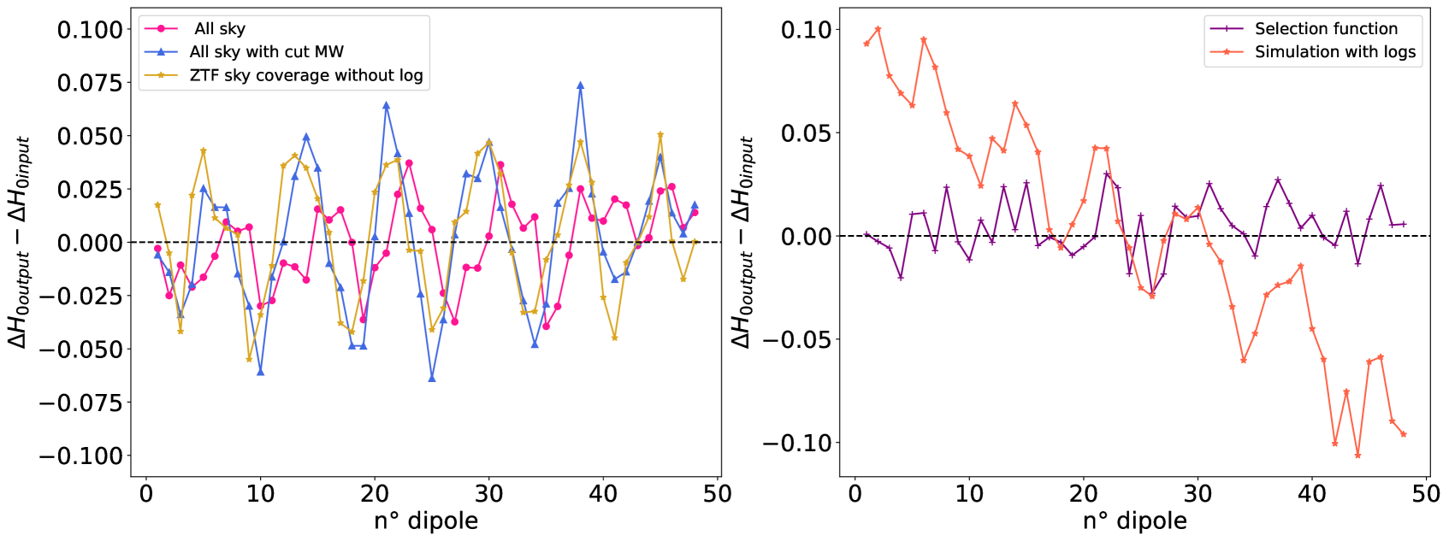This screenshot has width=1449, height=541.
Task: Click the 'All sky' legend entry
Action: pos(220,29)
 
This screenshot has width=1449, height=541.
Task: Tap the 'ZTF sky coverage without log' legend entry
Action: pos(305,75)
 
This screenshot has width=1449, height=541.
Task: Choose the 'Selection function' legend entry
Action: pos(1325,29)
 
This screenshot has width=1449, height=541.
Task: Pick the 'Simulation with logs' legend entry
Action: pos(1334,52)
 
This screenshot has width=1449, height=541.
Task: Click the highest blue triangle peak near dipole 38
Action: pos(580,85)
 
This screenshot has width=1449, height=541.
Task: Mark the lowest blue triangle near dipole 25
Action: pos(432,378)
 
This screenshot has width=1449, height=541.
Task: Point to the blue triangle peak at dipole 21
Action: pos(386,105)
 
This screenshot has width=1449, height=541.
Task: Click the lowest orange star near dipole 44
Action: pos(1357,456)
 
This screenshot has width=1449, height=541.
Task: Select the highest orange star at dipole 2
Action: pos(878,29)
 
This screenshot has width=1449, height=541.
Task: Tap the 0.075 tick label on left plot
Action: pos(90,83)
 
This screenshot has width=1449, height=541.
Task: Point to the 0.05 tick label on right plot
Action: pos(806,133)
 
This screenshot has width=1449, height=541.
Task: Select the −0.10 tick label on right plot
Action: pos(796,443)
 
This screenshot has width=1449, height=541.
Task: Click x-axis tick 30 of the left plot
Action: pos(488,494)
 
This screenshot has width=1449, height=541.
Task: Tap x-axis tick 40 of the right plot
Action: pos(1311,494)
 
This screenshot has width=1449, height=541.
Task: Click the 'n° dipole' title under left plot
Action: pos(426,520)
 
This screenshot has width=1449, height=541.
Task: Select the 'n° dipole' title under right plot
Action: pos(1134,520)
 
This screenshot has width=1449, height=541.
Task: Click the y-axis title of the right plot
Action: pos(742,243)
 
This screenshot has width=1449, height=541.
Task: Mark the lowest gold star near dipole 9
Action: pos(249,359)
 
